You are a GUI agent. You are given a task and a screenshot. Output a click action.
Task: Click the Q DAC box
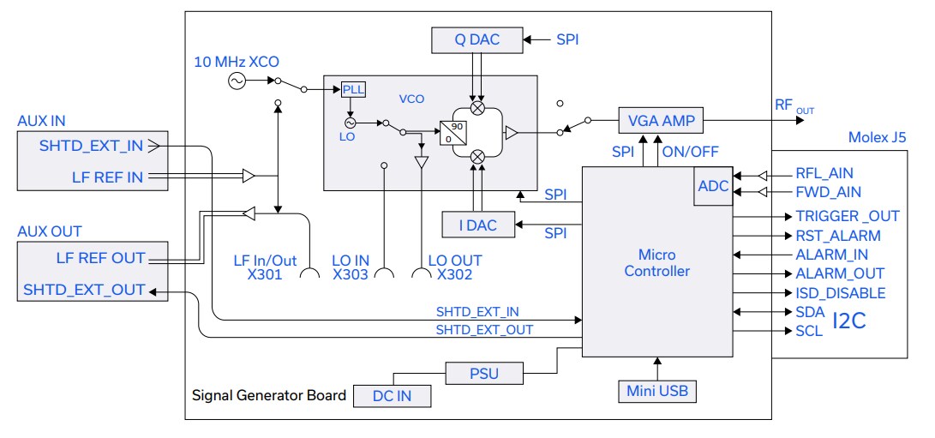(476, 39)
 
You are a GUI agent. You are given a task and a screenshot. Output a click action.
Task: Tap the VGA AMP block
(661, 121)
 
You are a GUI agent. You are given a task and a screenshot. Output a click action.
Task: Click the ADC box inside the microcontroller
(713, 186)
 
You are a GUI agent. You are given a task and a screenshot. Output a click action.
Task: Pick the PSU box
(483, 373)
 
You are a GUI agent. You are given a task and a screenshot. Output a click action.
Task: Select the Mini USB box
(657, 392)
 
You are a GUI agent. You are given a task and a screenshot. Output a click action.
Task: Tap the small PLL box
(353, 90)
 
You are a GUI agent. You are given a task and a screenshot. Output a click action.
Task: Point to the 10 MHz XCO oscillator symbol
(236, 81)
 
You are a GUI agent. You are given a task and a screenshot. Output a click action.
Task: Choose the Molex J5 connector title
(876, 137)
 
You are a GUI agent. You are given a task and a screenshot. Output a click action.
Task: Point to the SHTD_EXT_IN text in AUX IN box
(91, 146)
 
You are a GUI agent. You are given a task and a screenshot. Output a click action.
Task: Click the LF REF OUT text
(100, 257)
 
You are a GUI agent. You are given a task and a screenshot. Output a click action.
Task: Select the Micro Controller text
(656, 263)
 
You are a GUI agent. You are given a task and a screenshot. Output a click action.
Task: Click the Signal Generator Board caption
(269, 395)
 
